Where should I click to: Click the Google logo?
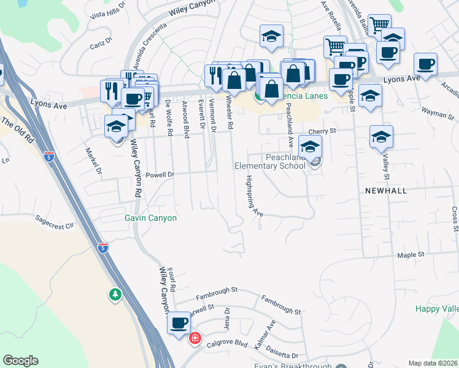pyautogui.click(x=20, y=361)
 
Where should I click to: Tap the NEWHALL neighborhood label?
pyautogui.click(x=385, y=191)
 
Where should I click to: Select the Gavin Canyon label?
pyautogui.click(x=150, y=218)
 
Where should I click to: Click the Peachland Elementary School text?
pyautogui.click(x=269, y=161)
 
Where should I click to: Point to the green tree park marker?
pyautogui.click(x=115, y=295)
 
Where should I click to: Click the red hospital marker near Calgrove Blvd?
pyautogui.click(x=195, y=338)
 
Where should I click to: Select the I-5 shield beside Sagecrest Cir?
pyautogui.click(x=103, y=248)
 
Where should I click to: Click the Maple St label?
pyautogui.click(x=411, y=255)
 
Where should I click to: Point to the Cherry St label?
pyautogui.click(x=323, y=131)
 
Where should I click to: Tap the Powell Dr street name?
pyautogui.click(x=160, y=175)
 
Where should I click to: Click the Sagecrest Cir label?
pyautogui.click(x=54, y=221)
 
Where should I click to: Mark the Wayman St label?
pyautogui.click(x=436, y=112)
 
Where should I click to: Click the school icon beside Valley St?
pyautogui.click(x=381, y=137)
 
